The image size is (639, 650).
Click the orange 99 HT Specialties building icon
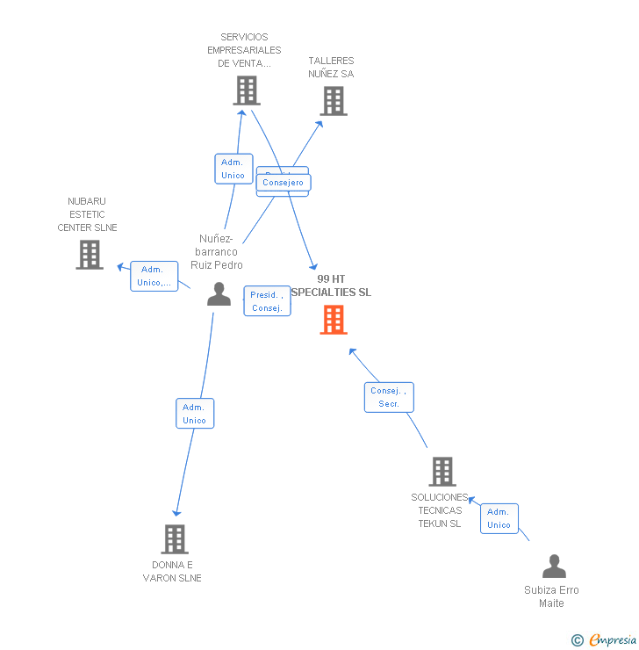[334, 320]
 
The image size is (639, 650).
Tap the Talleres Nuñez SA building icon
[334, 101]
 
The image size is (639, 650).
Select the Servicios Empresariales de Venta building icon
[247, 90]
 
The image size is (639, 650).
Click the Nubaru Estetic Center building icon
[90, 255]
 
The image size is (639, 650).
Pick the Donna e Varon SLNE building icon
[175, 539]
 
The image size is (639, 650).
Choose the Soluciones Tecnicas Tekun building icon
[442, 472]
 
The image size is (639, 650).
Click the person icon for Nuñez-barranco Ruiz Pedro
[219, 294]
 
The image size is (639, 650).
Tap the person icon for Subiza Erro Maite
[554, 567]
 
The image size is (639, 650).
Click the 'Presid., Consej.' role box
[267, 301]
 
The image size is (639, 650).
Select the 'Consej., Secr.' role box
[389, 397]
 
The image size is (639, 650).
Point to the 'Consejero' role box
[284, 183]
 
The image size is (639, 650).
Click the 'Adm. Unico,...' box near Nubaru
[154, 276]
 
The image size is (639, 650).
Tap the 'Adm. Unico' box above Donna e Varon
[194, 414]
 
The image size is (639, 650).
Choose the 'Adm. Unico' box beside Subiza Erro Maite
[499, 518]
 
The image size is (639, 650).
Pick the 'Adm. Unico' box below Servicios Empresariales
[233, 169]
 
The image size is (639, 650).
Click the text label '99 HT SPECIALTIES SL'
[331, 285]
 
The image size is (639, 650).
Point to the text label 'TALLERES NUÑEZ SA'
[331, 68]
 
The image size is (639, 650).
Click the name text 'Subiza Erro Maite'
[551, 596]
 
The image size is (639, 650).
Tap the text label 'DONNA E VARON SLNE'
[172, 571]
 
